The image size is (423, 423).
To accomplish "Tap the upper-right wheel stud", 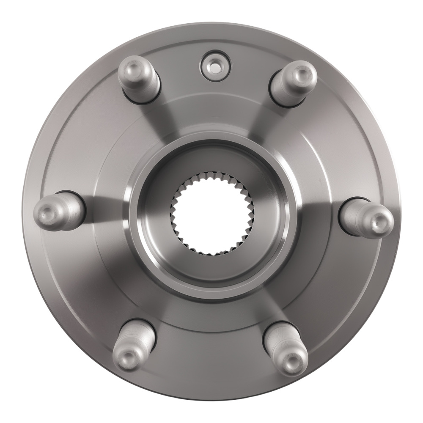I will click(x=293, y=82).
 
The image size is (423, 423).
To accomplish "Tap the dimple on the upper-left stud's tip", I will click(x=130, y=69).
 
